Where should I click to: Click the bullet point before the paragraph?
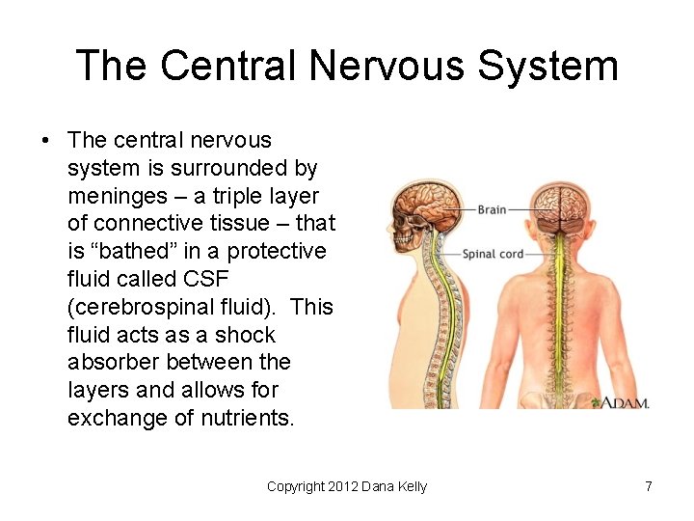[45, 141]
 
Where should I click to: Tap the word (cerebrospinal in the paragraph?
[141, 307]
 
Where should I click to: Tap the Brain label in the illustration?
[492, 209]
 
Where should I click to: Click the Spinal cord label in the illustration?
[494, 255]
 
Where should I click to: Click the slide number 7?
[649, 487]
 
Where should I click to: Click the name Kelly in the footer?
[411, 487]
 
